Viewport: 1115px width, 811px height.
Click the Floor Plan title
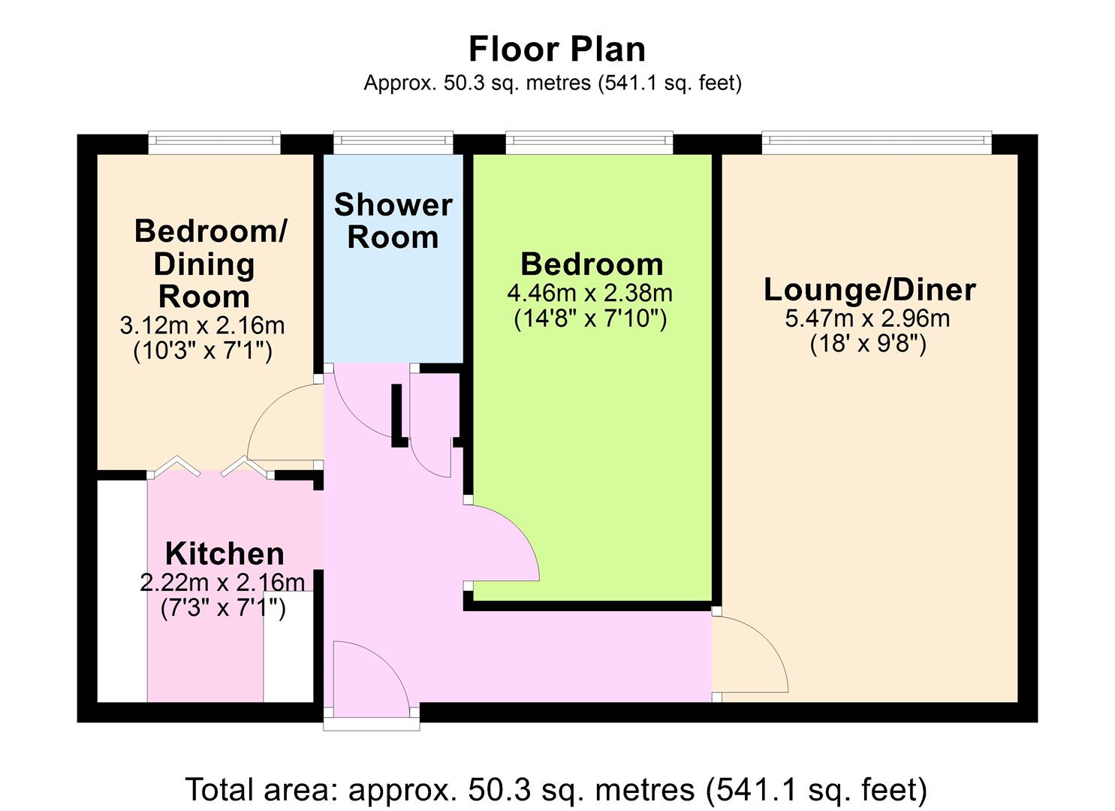click(x=557, y=50)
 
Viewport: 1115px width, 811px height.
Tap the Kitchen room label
click(x=225, y=553)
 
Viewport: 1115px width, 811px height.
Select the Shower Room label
click(x=393, y=221)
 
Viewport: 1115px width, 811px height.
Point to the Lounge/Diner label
click(x=869, y=290)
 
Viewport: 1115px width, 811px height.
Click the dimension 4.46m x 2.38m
click(x=590, y=293)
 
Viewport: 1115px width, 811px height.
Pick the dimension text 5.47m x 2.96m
click(x=868, y=318)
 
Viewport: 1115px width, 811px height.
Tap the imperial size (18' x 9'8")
click(x=868, y=345)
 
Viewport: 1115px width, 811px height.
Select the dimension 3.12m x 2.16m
click(x=202, y=326)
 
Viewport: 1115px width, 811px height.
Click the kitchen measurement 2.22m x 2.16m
click(x=222, y=583)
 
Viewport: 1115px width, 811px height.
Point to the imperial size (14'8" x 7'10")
click(x=590, y=318)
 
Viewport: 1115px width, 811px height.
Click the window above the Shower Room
click(x=393, y=143)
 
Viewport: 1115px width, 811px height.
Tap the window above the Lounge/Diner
click(x=876, y=143)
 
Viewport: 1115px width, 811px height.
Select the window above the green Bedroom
click(x=589, y=143)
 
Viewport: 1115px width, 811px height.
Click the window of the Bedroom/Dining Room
click(x=215, y=143)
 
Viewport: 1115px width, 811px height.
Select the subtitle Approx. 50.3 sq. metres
click(x=553, y=83)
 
